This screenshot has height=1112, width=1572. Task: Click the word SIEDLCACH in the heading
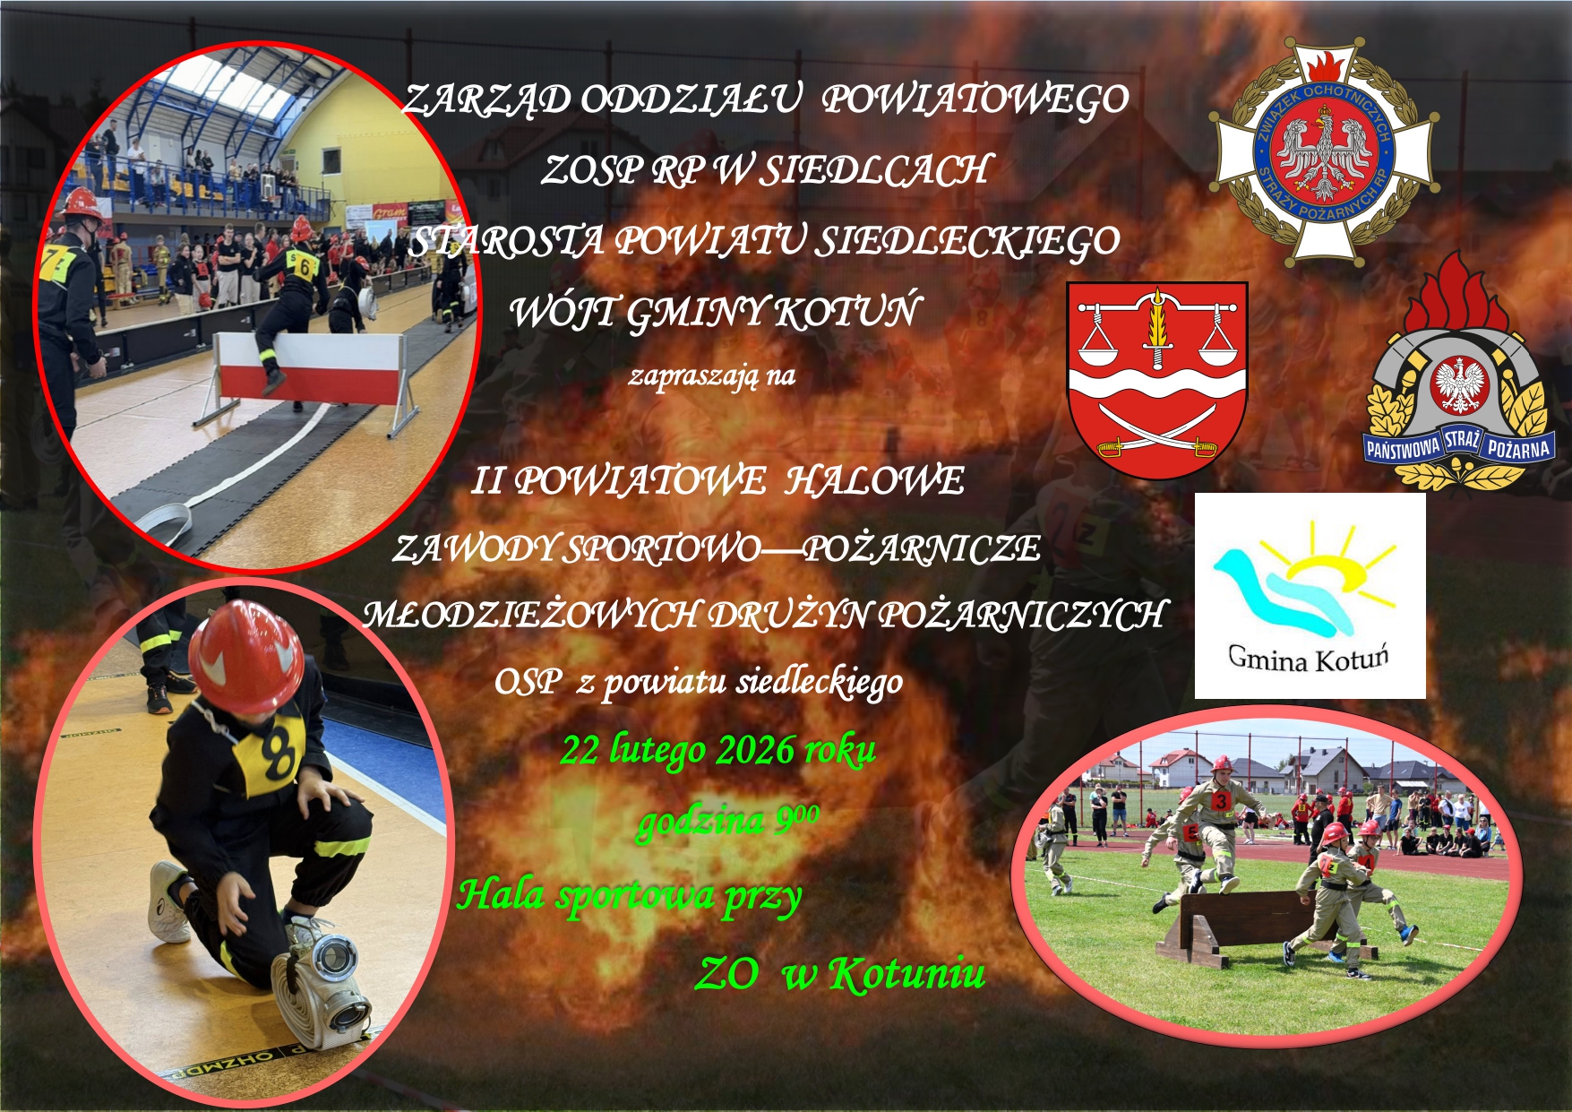point(875,169)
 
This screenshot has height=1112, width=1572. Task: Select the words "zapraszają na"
point(712,375)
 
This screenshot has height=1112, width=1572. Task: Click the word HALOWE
point(874,481)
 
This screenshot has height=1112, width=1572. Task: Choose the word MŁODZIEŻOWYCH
point(531,615)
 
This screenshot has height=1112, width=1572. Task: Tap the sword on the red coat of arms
point(1157,327)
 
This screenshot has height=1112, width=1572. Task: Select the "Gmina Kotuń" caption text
point(1308,659)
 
